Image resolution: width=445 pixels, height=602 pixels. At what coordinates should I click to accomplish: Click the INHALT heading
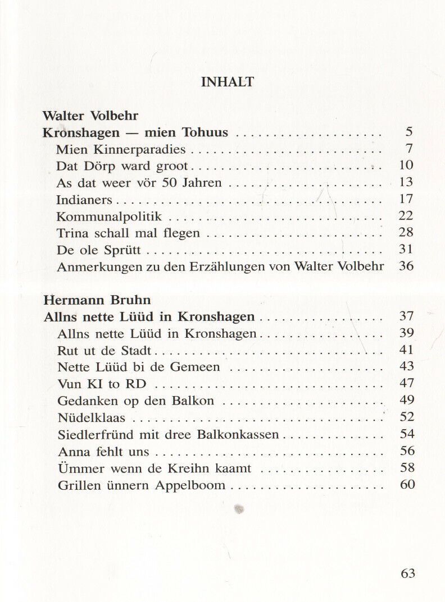pos(228,82)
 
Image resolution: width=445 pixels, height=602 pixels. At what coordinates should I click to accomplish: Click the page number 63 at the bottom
pos(408,573)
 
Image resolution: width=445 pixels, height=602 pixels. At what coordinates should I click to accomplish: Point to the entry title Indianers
pos(85,199)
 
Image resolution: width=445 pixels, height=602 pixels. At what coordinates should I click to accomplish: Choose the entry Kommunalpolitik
pos(110,216)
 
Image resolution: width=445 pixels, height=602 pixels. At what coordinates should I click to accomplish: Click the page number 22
pos(406,215)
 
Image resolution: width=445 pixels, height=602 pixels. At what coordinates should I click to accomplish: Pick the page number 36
pos(406,265)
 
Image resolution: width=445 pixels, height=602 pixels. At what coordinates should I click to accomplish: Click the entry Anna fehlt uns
pos(103,451)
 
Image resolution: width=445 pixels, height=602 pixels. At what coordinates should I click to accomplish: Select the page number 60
pos(407,484)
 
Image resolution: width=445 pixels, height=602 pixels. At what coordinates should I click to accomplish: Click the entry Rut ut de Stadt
pos(105,351)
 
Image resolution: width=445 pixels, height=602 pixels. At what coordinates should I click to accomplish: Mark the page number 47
pos(406,383)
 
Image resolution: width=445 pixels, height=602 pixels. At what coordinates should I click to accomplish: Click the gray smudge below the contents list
pos(239,509)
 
